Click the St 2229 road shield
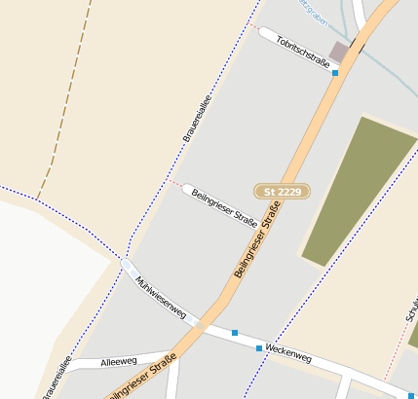pos(282,192)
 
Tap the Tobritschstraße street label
pos(302,52)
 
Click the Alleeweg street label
pos(119,361)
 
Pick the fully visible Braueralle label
pos(197,119)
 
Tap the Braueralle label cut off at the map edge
pos(57,378)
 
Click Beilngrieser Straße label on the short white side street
pos(225,207)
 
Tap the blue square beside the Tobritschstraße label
pos(335,73)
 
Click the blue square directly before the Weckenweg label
pos(259,347)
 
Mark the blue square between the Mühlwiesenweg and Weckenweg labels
pos(235,333)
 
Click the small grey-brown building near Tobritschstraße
pos(339,51)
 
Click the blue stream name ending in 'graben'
pos(310,12)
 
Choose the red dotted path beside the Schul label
pos(397,351)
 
